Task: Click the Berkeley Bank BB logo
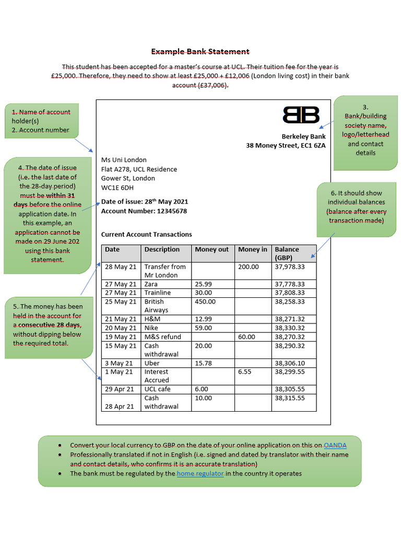(301, 115)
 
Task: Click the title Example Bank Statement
(200, 52)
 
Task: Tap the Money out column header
(211, 250)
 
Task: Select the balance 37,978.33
(289, 267)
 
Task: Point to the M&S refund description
(162, 337)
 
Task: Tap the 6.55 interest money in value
(245, 372)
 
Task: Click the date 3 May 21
(119, 363)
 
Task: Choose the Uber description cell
(152, 363)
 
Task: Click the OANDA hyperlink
(335, 446)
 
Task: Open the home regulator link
(200, 474)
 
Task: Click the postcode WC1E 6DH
(117, 188)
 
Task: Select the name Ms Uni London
(124, 160)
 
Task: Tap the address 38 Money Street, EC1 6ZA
(286, 146)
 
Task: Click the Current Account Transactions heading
(146, 235)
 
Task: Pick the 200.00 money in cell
(249, 267)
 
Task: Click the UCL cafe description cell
(158, 389)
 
